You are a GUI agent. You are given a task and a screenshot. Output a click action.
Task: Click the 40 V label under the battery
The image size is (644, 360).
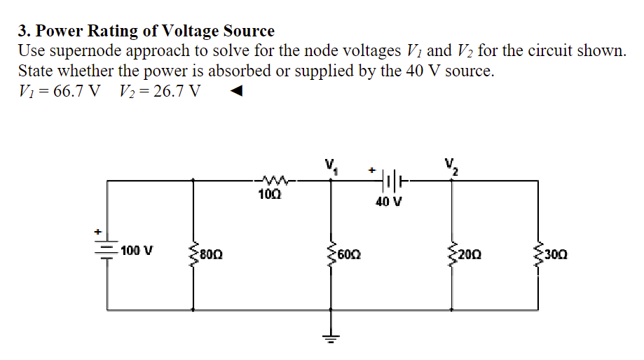[x=389, y=203]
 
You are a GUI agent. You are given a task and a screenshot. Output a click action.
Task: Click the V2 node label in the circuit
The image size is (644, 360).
[x=451, y=166]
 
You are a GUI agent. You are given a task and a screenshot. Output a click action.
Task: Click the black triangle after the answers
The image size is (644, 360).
[x=238, y=91]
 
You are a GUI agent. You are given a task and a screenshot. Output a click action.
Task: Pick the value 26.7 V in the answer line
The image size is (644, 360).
[x=174, y=91]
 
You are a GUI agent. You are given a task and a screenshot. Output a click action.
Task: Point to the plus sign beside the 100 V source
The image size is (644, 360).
[x=98, y=230]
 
